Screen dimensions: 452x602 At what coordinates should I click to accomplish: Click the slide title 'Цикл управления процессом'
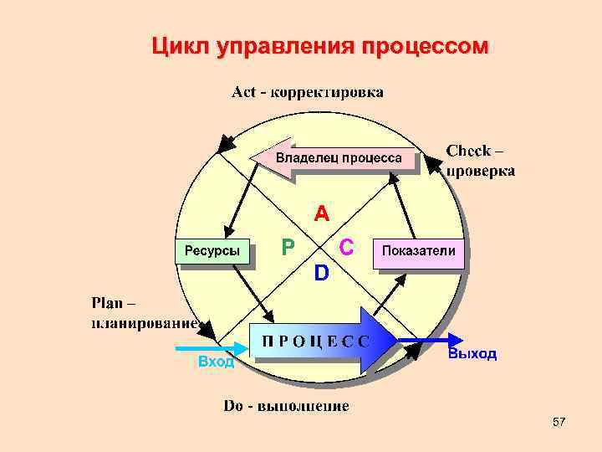click(x=319, y=47)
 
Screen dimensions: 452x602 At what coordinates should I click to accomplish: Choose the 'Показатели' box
click(x=418, y=251)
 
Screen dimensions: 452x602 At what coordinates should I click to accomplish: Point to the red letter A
click(x=321, y=214)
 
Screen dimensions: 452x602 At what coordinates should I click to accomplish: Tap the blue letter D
click(x=321, y=273)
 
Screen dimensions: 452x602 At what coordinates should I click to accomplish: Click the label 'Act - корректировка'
click(x=307, y=91)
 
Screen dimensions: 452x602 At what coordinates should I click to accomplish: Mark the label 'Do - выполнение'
click(x=286, y=407)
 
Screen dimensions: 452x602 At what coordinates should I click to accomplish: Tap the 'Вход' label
click(x=216, y=362)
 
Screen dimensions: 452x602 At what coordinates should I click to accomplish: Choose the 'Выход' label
click(x=472, y=354)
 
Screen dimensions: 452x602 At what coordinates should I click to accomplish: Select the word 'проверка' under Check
click(x=480, y=171)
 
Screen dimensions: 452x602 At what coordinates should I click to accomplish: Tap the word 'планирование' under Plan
click(x=144, y=321)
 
